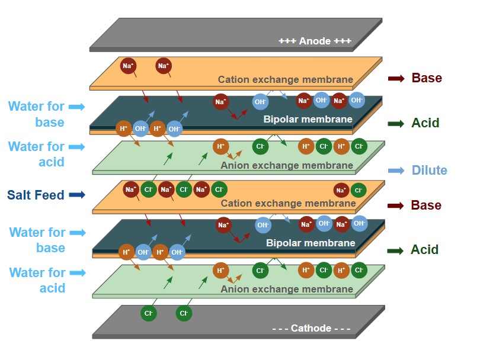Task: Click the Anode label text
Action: [315, 41]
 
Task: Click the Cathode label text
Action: [311, 329]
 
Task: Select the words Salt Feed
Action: [36, 195]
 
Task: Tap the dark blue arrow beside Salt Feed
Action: [77, 195]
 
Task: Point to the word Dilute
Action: [429, 171]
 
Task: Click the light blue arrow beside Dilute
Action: [396, 171]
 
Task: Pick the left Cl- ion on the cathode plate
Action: [149, 313]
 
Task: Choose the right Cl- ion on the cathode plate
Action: [184, 313]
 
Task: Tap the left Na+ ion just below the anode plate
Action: [128, 66]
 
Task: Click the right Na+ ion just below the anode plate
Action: [163, 66]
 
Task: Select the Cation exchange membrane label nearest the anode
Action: [285, 79]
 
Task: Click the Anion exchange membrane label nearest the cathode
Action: [287, 290]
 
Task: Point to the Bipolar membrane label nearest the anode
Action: [308, 119]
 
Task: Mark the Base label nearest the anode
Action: [427, 78]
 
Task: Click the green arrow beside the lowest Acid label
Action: [395, 250]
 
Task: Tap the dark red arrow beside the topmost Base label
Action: [396, 78]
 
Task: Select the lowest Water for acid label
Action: [37, 280]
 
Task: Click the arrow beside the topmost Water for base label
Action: [77, 107]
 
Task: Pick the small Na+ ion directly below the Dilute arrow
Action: [341, 190]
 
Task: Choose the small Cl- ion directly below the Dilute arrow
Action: [357, 190]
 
